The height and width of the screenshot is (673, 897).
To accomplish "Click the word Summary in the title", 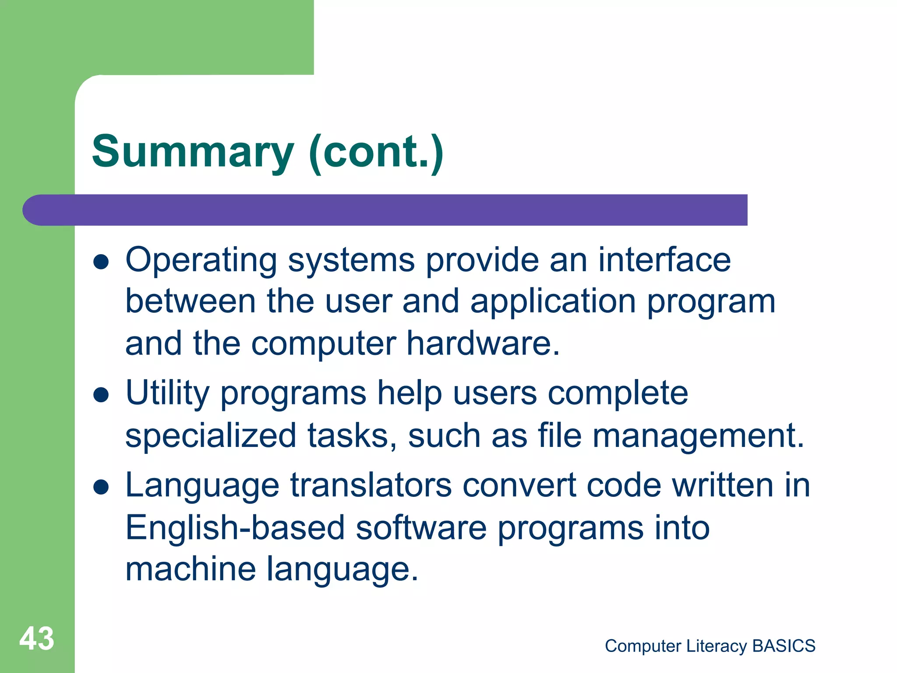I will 193,152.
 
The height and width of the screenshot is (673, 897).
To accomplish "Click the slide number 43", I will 37,638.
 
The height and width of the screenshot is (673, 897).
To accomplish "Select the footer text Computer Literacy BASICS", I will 710,646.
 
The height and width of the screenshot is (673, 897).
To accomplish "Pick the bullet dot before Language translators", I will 101,487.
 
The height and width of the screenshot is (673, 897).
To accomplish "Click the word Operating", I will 201,260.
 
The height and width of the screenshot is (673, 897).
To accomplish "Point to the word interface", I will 664,259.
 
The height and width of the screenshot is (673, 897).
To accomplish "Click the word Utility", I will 167,393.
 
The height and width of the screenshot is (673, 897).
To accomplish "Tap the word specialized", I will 211,436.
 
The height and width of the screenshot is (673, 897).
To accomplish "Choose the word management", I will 698,436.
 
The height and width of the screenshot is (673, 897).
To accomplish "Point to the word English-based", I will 235,528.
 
